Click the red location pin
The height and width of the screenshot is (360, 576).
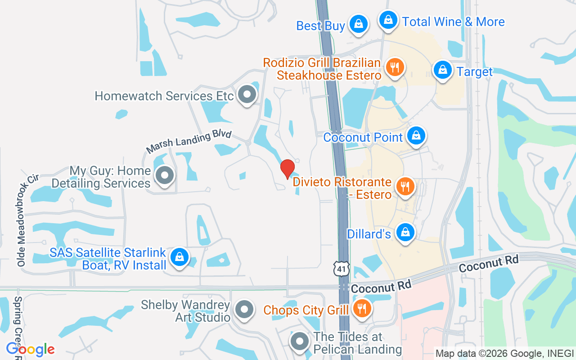click(x=288, y=169)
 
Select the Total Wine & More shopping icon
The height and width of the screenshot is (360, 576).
click(x=387, y=20)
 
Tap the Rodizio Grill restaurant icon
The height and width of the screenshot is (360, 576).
click(x=395, y=67)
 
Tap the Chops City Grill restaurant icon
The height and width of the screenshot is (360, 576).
click(x=361, y=309)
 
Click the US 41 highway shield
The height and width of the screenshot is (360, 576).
click(x=342, y=268)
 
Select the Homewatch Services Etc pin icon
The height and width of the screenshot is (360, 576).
click(x=247, y=94)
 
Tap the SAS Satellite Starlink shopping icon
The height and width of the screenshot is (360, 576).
click(x=180, y=257)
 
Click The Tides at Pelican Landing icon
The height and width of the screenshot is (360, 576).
click(x=299, y=342)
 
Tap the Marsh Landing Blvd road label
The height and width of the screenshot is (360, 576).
click(x=189, y=142)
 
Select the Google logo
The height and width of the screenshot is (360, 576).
click(x=31, y=349)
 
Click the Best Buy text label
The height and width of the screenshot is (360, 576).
click(x=320, y=26)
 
